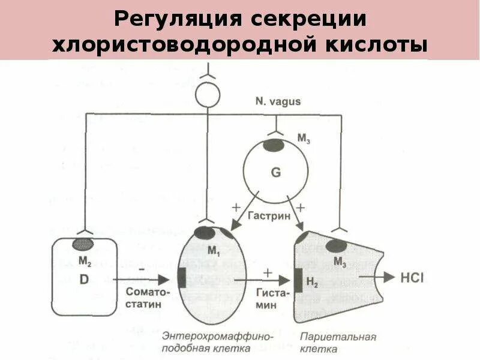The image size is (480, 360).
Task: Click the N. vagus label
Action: (x=277, y=102)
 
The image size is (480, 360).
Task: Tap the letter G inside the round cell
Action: (x=275, y=173)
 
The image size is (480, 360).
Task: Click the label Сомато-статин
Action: (x=148, y=296)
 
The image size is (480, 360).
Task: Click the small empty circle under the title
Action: (x=208, y=95)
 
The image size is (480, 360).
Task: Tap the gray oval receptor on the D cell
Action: (x=84, y=244)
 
